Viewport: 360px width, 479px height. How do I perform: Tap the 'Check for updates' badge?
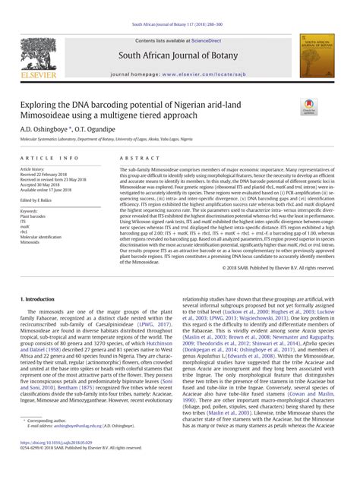[x=309, y=107]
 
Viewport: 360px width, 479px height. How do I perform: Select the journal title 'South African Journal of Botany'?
[x=179, y=56]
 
